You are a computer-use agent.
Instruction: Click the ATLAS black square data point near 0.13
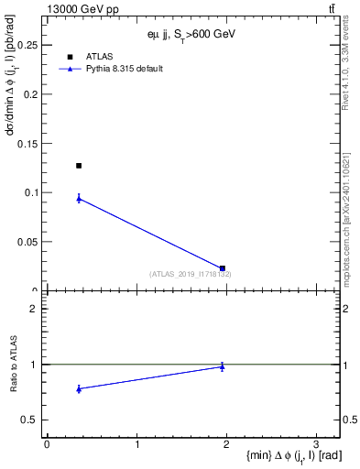(x=79, y=166)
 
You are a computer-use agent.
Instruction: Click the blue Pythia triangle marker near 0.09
(x=79, y=198)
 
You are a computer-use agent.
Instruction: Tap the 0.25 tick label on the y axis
(x=29, y=45)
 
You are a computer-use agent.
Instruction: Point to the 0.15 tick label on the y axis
(x=29, y=143)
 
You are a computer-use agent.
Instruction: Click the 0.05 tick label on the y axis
(x=29, y=242)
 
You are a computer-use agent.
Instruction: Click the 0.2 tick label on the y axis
(x=32, y=94)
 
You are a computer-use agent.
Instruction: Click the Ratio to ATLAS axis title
(x=15, y=364)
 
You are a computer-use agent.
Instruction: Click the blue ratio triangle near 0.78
(x=79, y=388)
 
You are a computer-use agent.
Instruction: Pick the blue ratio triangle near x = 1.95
(x=223, y=366)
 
